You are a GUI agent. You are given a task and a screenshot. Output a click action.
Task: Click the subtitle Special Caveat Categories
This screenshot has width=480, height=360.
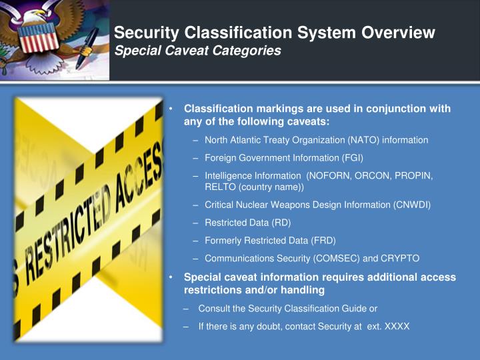197,51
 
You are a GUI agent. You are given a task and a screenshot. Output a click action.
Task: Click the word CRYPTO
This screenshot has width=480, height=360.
400,258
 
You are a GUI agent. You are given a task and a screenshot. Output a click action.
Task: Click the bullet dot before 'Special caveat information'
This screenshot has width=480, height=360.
171,277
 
